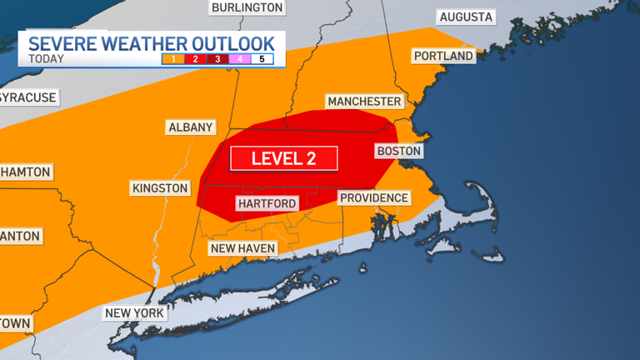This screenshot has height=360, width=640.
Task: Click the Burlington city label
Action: point(247,7)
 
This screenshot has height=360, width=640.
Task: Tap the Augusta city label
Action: point(466,17)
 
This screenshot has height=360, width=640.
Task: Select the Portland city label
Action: point(442,56)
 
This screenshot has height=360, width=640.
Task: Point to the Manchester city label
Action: point(364,101)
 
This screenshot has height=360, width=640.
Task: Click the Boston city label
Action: point(399,151)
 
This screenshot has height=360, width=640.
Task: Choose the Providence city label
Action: point(374,197)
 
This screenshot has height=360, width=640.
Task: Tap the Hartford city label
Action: point(266,203)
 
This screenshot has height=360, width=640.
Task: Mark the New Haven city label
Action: point(243,247)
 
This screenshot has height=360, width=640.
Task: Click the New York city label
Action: point(135,313)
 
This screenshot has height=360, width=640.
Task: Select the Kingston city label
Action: point(160,188)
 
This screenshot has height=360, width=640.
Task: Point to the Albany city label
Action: point(191,127)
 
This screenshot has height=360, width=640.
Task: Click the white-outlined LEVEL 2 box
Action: point(284,158)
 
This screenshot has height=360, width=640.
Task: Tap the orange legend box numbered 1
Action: point(173,59)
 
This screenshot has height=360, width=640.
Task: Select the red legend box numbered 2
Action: point(195,59)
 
